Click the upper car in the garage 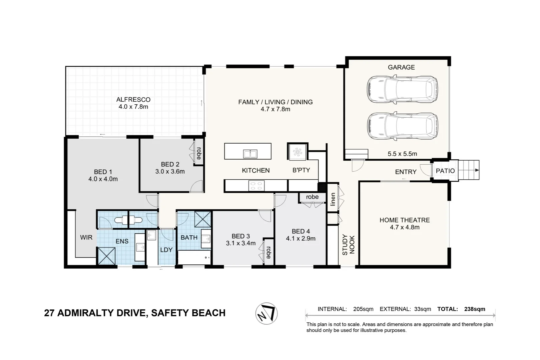click(x=402, y=89)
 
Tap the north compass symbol click(x=266, y=313)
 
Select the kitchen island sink click(x=250, y=154)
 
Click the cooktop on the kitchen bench click(x=256, y=186)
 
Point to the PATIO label click(x=445, y=171)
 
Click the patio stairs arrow click(x=477, y=170)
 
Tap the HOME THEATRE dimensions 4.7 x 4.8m click(x=405, y=227)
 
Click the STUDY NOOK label click(x=348, y=245)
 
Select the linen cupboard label click(x=333, y=199)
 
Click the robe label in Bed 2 click(x=199, y=153)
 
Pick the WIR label click(x=86, y=238)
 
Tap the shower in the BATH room click(x=202, y=219)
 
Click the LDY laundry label click(x=166, y=250)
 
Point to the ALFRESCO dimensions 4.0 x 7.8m click(x=133, y=107)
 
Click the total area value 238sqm click(x=474, y=309)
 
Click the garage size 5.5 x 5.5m click(x=402, y=154)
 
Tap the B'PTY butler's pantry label click(x=301, y=170)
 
